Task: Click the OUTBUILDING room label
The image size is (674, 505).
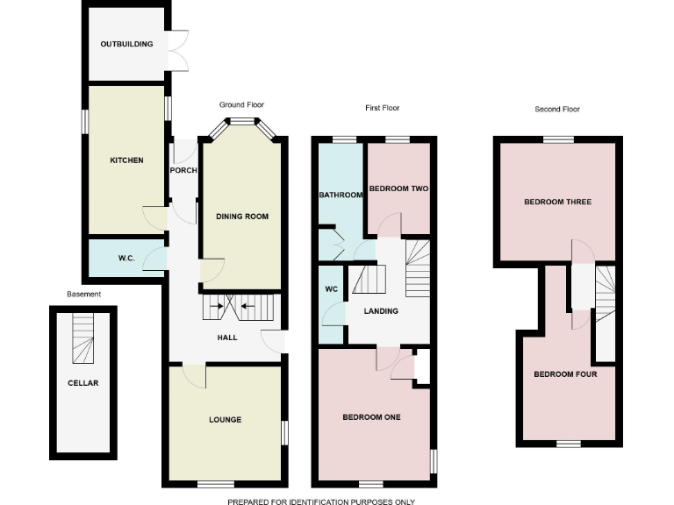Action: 126,44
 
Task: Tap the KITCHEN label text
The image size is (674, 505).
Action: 126,160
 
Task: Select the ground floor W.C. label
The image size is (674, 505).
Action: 126,259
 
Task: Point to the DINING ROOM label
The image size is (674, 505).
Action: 242,216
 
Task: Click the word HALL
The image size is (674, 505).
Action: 227,337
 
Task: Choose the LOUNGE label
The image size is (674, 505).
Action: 226,420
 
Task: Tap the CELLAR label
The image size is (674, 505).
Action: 83,383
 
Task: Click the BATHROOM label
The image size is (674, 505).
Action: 341,195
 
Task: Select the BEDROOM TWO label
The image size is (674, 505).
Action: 398,188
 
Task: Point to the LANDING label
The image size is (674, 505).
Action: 381,311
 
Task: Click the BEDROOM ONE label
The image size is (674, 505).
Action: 371,417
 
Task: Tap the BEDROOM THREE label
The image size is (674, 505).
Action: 557,202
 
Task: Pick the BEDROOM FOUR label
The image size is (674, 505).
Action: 565,374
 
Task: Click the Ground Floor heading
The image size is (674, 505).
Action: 241,105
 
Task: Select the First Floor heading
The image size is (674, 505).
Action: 382,109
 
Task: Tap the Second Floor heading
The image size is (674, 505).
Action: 557,110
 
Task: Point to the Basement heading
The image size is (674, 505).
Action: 84,295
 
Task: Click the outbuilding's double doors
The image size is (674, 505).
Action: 178,51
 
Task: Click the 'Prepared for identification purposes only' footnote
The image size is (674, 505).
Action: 321,501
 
